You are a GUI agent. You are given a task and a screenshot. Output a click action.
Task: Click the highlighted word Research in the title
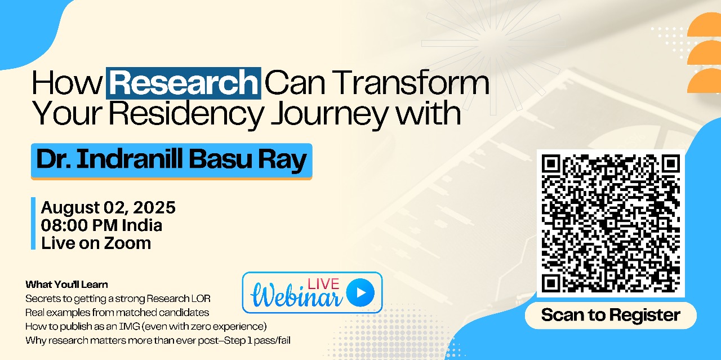(x=184, y=83)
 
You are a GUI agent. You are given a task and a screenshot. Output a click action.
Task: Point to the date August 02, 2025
(x=108, y=208)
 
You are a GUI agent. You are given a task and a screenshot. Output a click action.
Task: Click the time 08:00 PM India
(x=101, y=225)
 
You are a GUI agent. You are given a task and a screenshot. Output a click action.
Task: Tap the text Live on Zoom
(x=96, y=243)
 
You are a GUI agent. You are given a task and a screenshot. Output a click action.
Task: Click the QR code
(x=611, y=223)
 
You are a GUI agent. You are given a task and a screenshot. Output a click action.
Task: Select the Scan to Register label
(x=611, y=315)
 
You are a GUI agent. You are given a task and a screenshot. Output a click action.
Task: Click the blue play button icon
(x=360, y=292)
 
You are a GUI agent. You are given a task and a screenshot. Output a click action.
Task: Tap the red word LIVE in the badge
(x=323, y=284)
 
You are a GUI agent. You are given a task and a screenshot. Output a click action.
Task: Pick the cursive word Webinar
(x=297, y=295)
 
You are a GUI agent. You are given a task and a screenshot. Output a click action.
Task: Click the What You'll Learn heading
(x=66, y=285)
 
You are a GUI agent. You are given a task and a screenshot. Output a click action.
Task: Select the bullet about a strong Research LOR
(x=118, y=299)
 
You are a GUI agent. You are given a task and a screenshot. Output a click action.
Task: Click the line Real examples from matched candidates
(x=117, y=313)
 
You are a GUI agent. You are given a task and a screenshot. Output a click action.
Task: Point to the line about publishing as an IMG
(x=146, y=327)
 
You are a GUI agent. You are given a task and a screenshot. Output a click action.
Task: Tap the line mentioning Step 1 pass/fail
(x=158, y=340)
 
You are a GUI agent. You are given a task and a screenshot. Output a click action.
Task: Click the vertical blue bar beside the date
(x=33, y=223)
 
